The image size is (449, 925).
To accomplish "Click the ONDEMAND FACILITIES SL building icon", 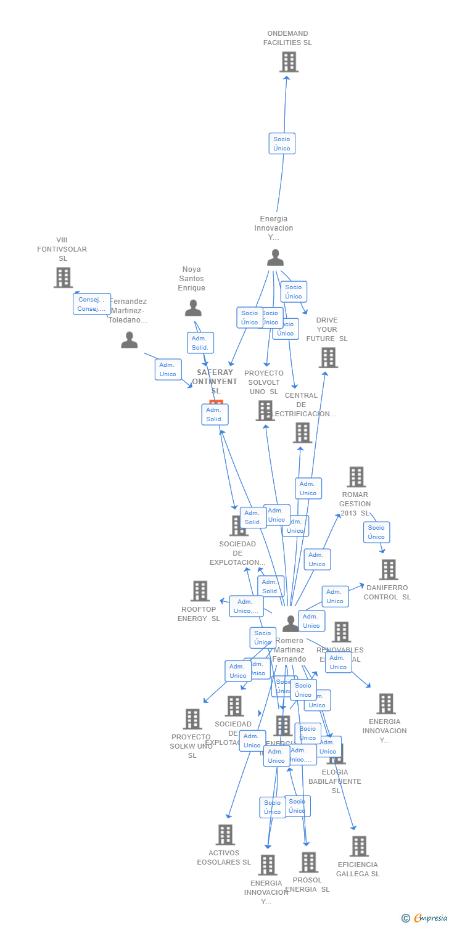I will [289, 62].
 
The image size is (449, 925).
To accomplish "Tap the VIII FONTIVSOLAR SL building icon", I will [63, 277].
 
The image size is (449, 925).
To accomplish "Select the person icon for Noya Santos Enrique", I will [193, 308].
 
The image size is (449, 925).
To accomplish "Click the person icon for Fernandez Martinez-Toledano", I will [129, 340].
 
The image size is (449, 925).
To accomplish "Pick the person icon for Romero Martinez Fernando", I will [290, 623].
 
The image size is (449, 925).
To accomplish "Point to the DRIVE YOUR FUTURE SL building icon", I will [328, 358].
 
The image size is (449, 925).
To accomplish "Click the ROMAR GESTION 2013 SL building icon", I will [356, 477].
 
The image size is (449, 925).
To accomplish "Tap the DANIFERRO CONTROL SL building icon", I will [389, 570].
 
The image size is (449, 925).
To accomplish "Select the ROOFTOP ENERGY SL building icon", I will [200, 591].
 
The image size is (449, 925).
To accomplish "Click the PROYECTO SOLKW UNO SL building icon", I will [192, 719].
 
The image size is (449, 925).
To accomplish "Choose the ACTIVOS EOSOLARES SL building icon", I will [225, 834].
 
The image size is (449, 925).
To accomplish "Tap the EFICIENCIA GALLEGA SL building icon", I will [359, 846].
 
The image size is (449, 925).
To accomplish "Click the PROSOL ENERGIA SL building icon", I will [308, 862].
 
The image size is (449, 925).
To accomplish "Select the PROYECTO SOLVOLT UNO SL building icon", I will [265, 410].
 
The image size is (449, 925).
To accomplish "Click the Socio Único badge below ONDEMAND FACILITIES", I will [282, 144].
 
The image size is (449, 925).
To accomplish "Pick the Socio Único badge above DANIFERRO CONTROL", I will [376, 532].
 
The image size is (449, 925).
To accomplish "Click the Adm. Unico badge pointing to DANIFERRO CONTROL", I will [335, 596].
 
